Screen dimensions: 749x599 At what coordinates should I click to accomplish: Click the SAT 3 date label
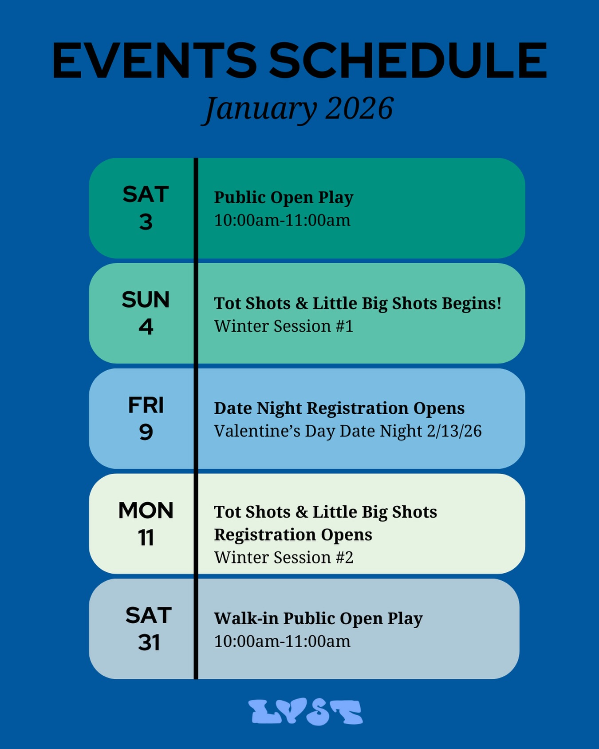[146, 208]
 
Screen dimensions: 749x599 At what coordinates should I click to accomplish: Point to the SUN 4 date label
[146, 313]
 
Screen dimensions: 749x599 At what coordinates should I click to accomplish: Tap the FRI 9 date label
[146, 418]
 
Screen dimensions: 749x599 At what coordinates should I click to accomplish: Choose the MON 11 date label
[146, 524]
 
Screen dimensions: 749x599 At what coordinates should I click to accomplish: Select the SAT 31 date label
[148, 629]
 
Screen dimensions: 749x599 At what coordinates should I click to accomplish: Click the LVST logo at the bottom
[306, 712]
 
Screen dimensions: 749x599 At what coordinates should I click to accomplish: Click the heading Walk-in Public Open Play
[318, 618]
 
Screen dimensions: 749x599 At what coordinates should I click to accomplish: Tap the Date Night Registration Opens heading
[339, 408]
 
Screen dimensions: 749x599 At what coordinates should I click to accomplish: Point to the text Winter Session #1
[284, 326]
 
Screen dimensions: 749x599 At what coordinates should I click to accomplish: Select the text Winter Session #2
[284, 558]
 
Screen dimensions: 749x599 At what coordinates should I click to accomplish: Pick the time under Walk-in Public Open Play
[282, 642]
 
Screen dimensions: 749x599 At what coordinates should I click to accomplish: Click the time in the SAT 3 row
[282, 220]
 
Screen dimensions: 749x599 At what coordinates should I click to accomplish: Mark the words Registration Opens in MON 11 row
[293, 535]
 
